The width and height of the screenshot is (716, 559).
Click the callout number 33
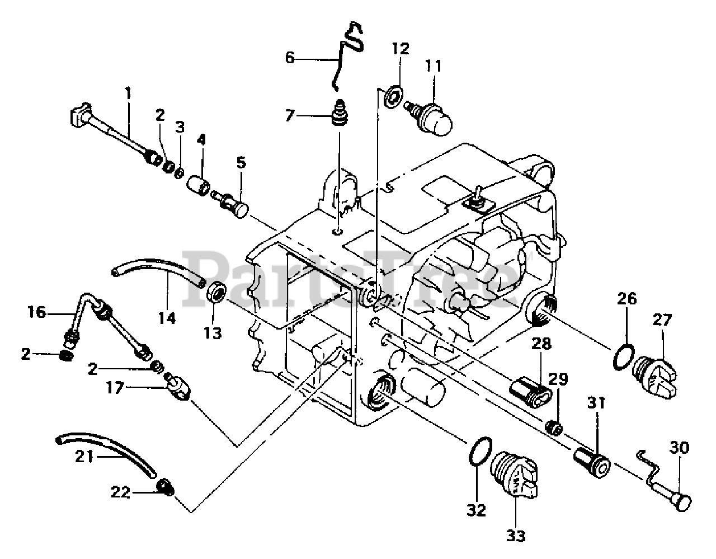[516, 536]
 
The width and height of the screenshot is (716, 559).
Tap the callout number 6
[290, 58]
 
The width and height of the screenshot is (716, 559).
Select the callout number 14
[167, 318]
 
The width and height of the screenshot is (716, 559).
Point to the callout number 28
[541, 344]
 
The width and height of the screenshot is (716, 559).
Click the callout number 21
[84, 457]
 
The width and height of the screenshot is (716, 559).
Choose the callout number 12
[401, 49]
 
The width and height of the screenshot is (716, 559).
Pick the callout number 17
[115, 388]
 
